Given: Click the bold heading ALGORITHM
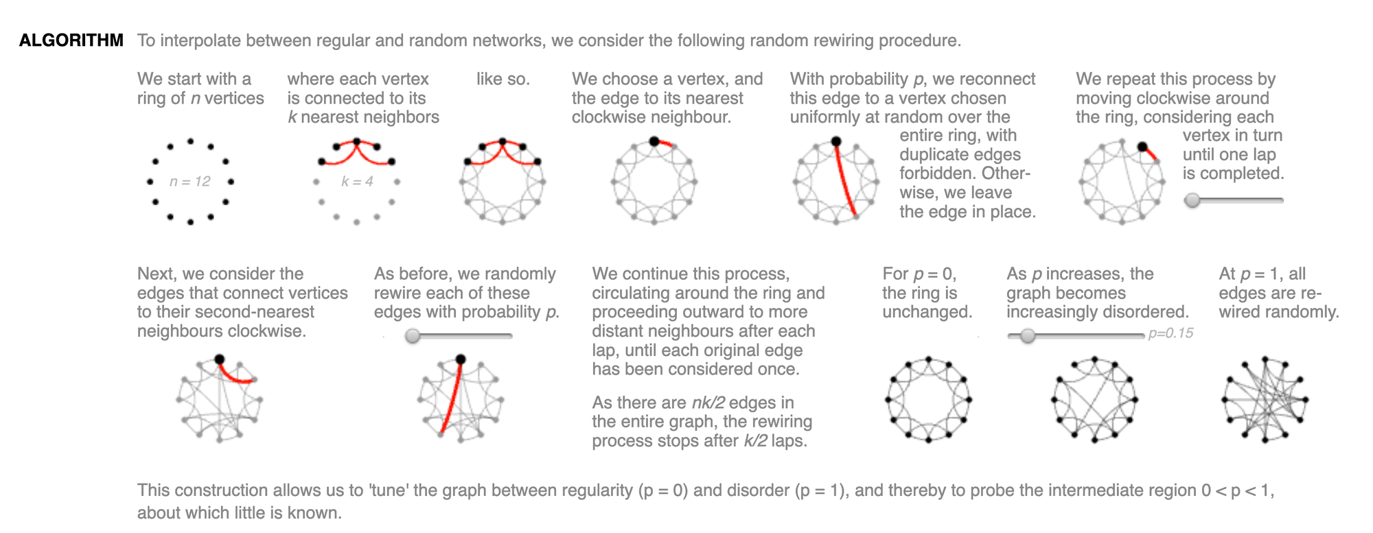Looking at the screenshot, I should (71, 40).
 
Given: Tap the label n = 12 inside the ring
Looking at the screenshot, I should (190, 182).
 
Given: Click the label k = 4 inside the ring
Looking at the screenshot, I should (357, 182).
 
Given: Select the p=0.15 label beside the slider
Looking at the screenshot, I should (1170, 333).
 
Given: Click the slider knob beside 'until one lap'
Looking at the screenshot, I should (1193, 200).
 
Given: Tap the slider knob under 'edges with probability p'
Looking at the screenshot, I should (413, 335).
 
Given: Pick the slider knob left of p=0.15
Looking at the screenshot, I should (1027, 335).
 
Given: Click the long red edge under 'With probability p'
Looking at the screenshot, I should (845, 178).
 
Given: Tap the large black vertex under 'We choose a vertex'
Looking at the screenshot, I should (654, 141).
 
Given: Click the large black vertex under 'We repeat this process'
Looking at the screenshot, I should (1142, 147).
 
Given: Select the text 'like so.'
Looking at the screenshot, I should (503, 80).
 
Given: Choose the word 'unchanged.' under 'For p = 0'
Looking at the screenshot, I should (927, 312).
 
